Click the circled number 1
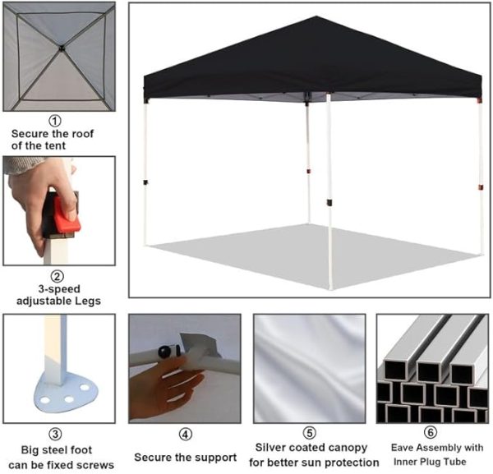point(55,121)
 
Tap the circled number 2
point(58,276)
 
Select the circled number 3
point(55,435)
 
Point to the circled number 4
point(185,435)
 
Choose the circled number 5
point(310,433)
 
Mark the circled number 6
point(431,432)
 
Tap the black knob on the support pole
point(164,352)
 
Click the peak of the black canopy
point(316,16)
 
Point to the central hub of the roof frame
point(62,48)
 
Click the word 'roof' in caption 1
point(83,134)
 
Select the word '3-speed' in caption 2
point(59,289)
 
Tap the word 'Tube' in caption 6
point(454,462)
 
